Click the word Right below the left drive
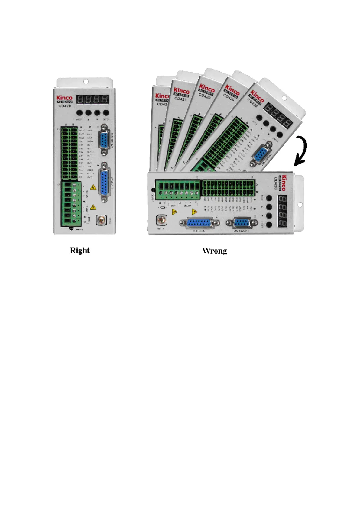tap(80, 250)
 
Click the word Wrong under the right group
tap(214, 251)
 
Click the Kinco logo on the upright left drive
tap(64, 98)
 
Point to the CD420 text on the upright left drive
tap(65, 106)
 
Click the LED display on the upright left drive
tap(92, 99)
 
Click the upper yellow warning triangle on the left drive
tap(93, 187)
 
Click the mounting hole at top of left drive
tap(86, 82)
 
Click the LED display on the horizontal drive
tap(282, 211)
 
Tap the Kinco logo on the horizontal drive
tap(284, 183)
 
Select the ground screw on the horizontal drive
tap(162, 220)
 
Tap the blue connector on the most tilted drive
tap(261, 155)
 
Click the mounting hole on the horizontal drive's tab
tap(300, 205)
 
